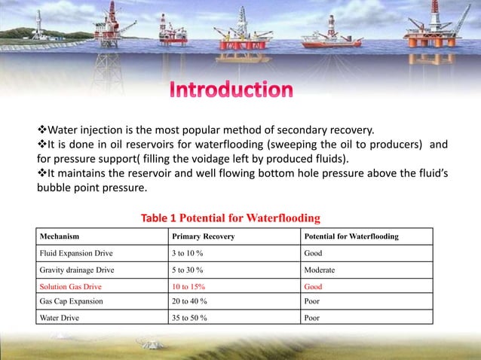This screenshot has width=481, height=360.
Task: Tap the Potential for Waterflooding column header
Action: pos(351,237)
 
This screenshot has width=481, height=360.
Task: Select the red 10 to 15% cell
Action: pos(188,287)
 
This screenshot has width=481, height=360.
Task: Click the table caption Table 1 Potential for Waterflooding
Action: pos(231,218)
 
